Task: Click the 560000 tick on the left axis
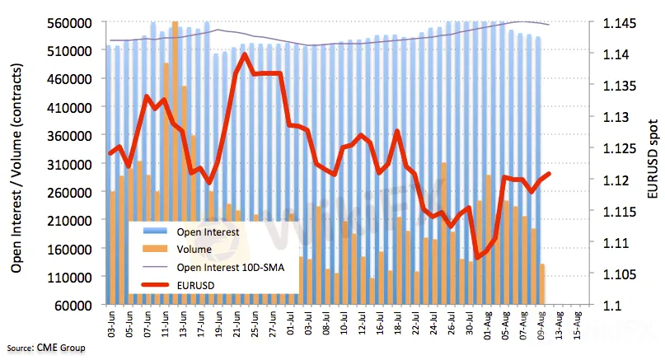(x=68, y=23)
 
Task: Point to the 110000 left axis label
(x=68, y=277)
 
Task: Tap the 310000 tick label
(x=68, y=164)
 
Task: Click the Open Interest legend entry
(x=208, y=232)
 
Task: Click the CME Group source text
(x=61, y=348)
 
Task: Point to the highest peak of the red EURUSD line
(x=246, y=55)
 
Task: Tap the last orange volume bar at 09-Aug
(x=541, y=284)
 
